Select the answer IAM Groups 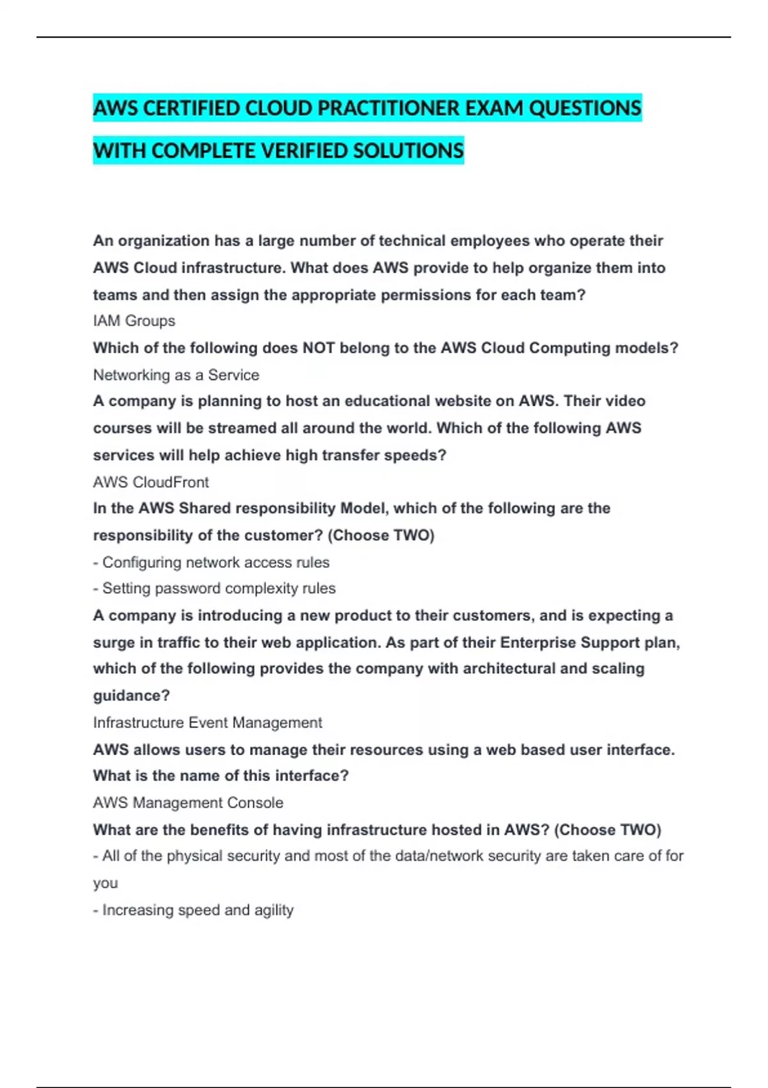click(x=134, y=321)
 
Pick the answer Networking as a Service click(x=176, y=375)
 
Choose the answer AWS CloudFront click(x=151, y=482)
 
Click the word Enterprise click(x=538, y=643)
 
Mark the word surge click(x=114, y=643)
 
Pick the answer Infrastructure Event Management click(x=207, y=723)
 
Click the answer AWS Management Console click(x=188, y=803)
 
